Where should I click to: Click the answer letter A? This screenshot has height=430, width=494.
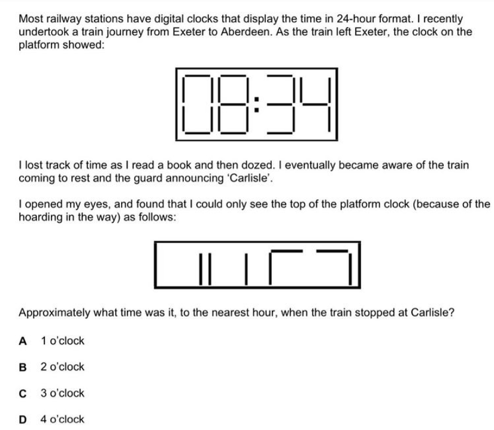23,341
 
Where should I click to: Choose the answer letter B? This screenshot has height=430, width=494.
23,367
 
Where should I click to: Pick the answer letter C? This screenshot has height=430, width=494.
23,393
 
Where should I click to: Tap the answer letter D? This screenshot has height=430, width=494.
23,420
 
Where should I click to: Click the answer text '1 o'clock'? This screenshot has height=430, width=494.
63,341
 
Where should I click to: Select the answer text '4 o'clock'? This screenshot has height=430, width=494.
63,420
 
